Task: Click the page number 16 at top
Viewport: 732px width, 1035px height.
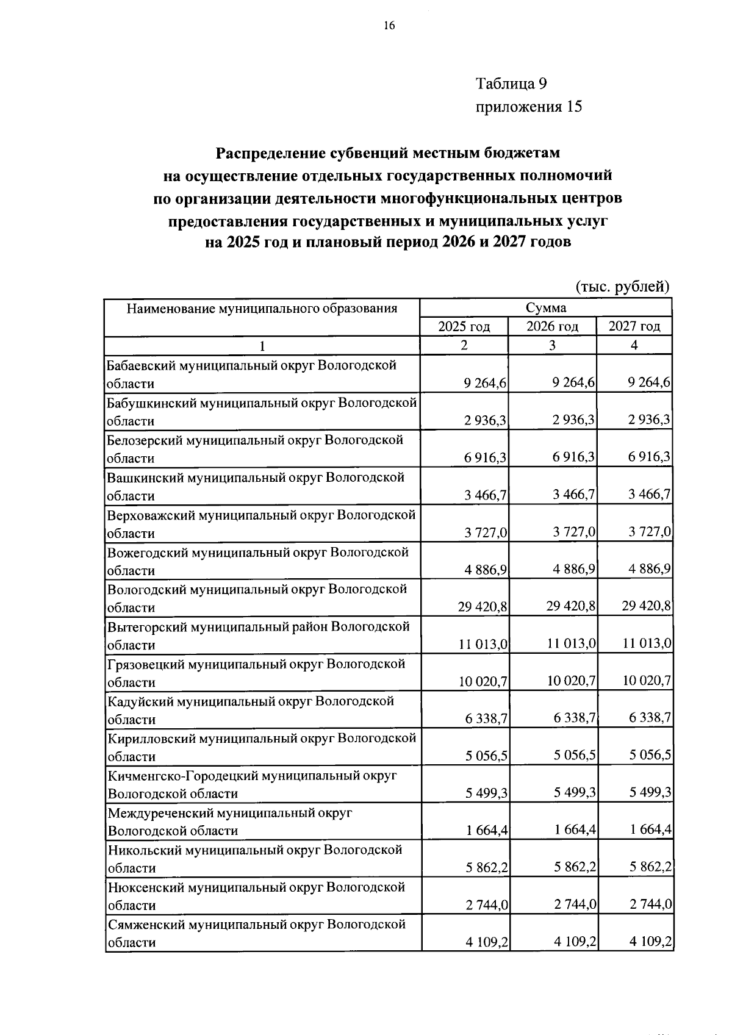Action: pyautogui.click(x=389, y=25)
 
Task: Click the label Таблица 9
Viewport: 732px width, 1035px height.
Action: pyautogui.click(x=515, y=83)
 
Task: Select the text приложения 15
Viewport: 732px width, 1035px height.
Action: pyautogui.click(x=528, y=107)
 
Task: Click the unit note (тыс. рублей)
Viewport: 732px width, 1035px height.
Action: pyautogui.click(x=623, y=286)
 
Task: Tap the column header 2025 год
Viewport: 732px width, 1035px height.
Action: pyautogui.click(x=464, y=327)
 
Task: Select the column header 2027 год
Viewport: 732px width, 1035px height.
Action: pyautogui.click(x=634, y=327)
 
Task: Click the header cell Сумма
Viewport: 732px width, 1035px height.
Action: pyautogui.click(x=546, y=308)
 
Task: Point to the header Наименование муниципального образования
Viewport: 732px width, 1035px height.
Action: pyautogui.click(x=262, y=309)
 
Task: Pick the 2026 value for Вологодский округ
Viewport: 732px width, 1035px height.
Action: pyautogui.click(x=571, y=607)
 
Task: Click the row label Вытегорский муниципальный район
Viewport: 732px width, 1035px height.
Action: pyautogui.click(x=258, y=627)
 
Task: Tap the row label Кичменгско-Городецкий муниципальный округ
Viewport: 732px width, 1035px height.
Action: pyautogui.click(x=252, y=776)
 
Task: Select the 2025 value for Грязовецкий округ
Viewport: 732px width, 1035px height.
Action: pyautogui.click(x=484, y=681)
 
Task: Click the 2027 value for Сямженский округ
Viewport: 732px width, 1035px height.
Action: pyautogui.click(x=651, y=942)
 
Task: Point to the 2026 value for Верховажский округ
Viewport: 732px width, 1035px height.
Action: pyautogui.click(x=574, y=532)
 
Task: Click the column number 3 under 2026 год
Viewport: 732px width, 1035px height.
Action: pyautogui.click(x=552, y=346)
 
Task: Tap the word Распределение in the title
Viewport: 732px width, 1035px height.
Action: pyautogui.click(x=265, y=152)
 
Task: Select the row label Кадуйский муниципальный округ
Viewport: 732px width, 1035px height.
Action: pyautogui.click(x=251, y=701)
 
